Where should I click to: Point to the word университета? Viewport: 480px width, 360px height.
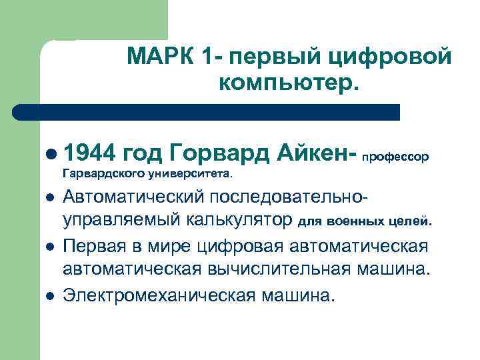click(x=199, y=175)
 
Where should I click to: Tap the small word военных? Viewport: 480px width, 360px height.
click(x=352, y=221)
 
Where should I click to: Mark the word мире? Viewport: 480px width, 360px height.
click(x=175, y=247)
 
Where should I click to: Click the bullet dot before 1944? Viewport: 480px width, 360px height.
click(x=52, y=155)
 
